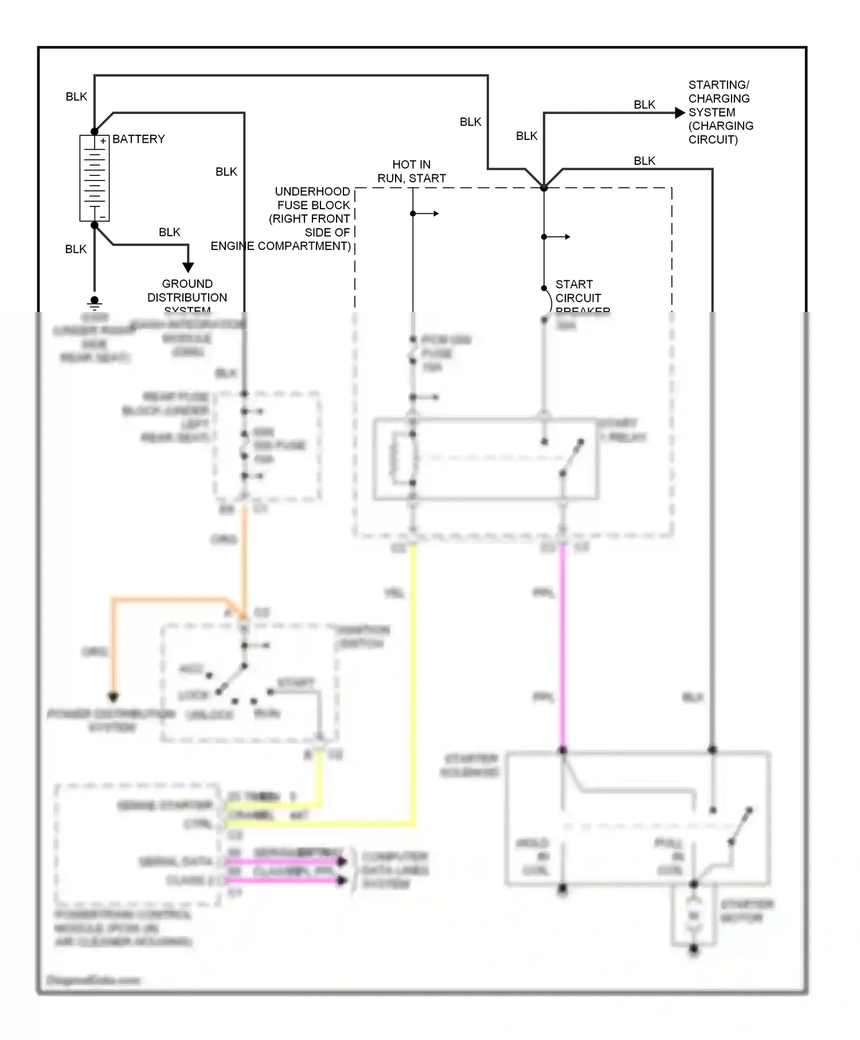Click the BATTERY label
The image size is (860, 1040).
coord(138,139)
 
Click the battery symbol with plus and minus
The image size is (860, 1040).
coord(95,178)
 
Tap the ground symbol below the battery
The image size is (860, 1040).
coord(95,302)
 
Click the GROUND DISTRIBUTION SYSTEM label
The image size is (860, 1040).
coord(187,297)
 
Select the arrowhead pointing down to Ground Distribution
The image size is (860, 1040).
coord(188,267)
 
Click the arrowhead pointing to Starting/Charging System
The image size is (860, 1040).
coord(680,113)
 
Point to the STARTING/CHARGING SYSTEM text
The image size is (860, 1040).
coord(720,112)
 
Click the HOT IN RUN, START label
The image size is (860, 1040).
coord(411,171)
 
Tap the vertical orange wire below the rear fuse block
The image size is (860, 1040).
coord(244,556)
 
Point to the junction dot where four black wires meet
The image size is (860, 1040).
coord(544,187)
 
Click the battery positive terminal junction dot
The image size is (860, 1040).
coord(95,132)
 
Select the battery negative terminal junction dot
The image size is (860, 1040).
coord(95,225)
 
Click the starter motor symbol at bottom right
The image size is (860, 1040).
coord(694,916)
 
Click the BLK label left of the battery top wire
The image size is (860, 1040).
coord(76,96)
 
